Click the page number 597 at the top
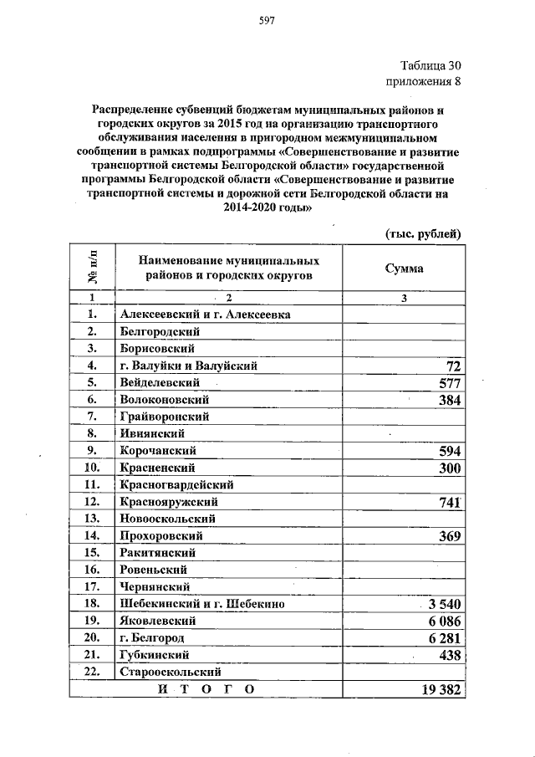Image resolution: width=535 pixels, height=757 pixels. pyautogui.click(x=267, y=20)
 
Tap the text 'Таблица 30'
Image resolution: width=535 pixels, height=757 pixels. pyautogui.click(x=430, y=66)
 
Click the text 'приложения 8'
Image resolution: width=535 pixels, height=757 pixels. pyautogui.click(x=423, y=81)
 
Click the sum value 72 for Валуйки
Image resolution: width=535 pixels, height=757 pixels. pyautogui.click(x=454, y=366)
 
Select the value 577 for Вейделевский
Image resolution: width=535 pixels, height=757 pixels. pyautogui.click(x=450, y=383)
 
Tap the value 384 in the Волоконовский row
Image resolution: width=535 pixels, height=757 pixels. pyautogui.click(x=450, y=401)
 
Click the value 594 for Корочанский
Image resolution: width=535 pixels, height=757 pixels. pyautogui.click(x=450, y=452)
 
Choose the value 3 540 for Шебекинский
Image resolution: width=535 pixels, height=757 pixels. pyautogui.click(x=443, y=604)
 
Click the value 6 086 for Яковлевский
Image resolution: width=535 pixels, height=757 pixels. pyautogui.click(x=445, y=621)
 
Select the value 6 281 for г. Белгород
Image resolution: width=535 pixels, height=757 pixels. pyautogui.click(x=445, y=638)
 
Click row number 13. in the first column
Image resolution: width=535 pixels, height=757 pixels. pyautogui.click(x=92, y=519)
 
